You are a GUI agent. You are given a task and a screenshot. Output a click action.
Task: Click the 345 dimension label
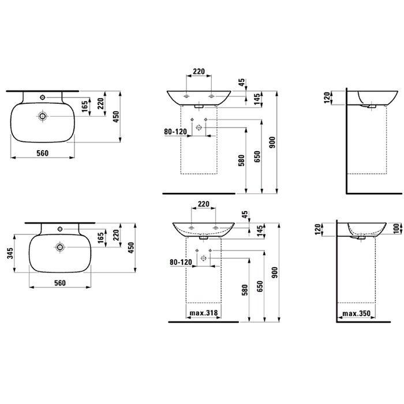(10, 253)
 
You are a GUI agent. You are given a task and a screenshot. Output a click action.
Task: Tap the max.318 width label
(204, 313)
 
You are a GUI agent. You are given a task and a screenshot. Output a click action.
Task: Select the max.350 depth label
(356, 313)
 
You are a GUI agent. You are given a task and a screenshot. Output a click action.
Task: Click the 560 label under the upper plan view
(43, 154)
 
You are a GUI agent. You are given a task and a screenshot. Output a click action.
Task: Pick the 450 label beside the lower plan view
(131, 248)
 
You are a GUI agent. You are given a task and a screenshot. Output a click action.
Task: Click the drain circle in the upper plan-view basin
(43, 116)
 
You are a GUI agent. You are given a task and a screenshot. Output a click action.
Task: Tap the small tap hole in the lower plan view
(60, 229)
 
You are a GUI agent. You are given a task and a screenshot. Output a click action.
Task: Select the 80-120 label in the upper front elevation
(175, 132)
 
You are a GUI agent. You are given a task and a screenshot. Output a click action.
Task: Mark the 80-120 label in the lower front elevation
(181, 262)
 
